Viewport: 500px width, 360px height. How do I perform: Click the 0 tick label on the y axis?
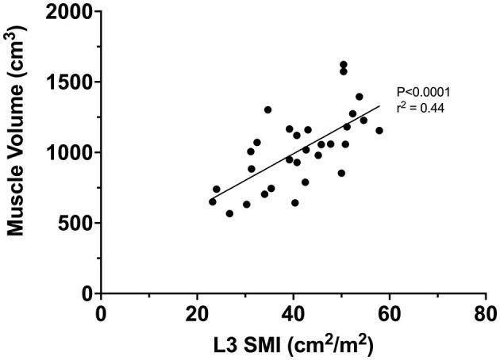(x=86, y=293)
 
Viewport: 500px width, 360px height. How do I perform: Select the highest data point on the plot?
(x=344, y=65)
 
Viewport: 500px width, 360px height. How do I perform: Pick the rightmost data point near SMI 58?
(x=379, y=131)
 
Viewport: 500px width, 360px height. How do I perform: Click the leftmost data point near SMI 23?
(x=212, y=201)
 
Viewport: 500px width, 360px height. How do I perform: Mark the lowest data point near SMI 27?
(x=229, y=213)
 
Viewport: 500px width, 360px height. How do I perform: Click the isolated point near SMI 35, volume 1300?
(x=267, y=109)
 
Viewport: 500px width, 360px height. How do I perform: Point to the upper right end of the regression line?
(x=379, y=106)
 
